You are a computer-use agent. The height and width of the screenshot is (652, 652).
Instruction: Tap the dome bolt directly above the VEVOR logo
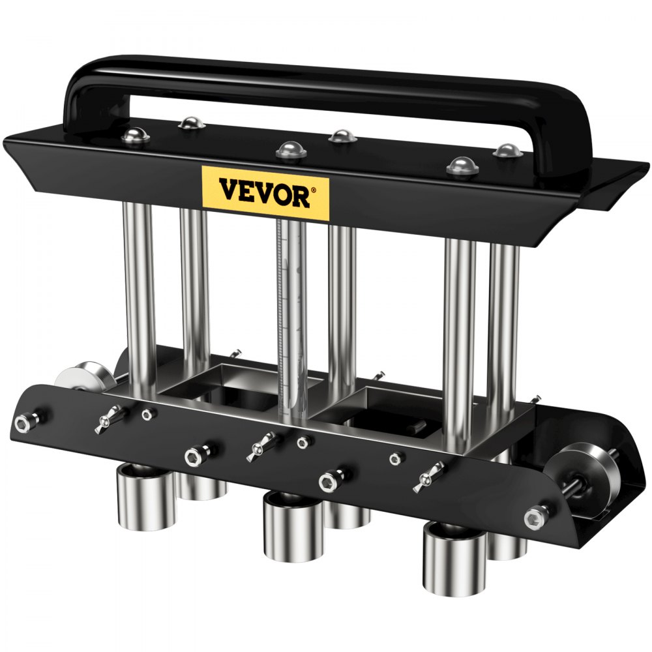[290, 151]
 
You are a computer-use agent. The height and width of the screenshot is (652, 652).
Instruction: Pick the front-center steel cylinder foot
[293, 525]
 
